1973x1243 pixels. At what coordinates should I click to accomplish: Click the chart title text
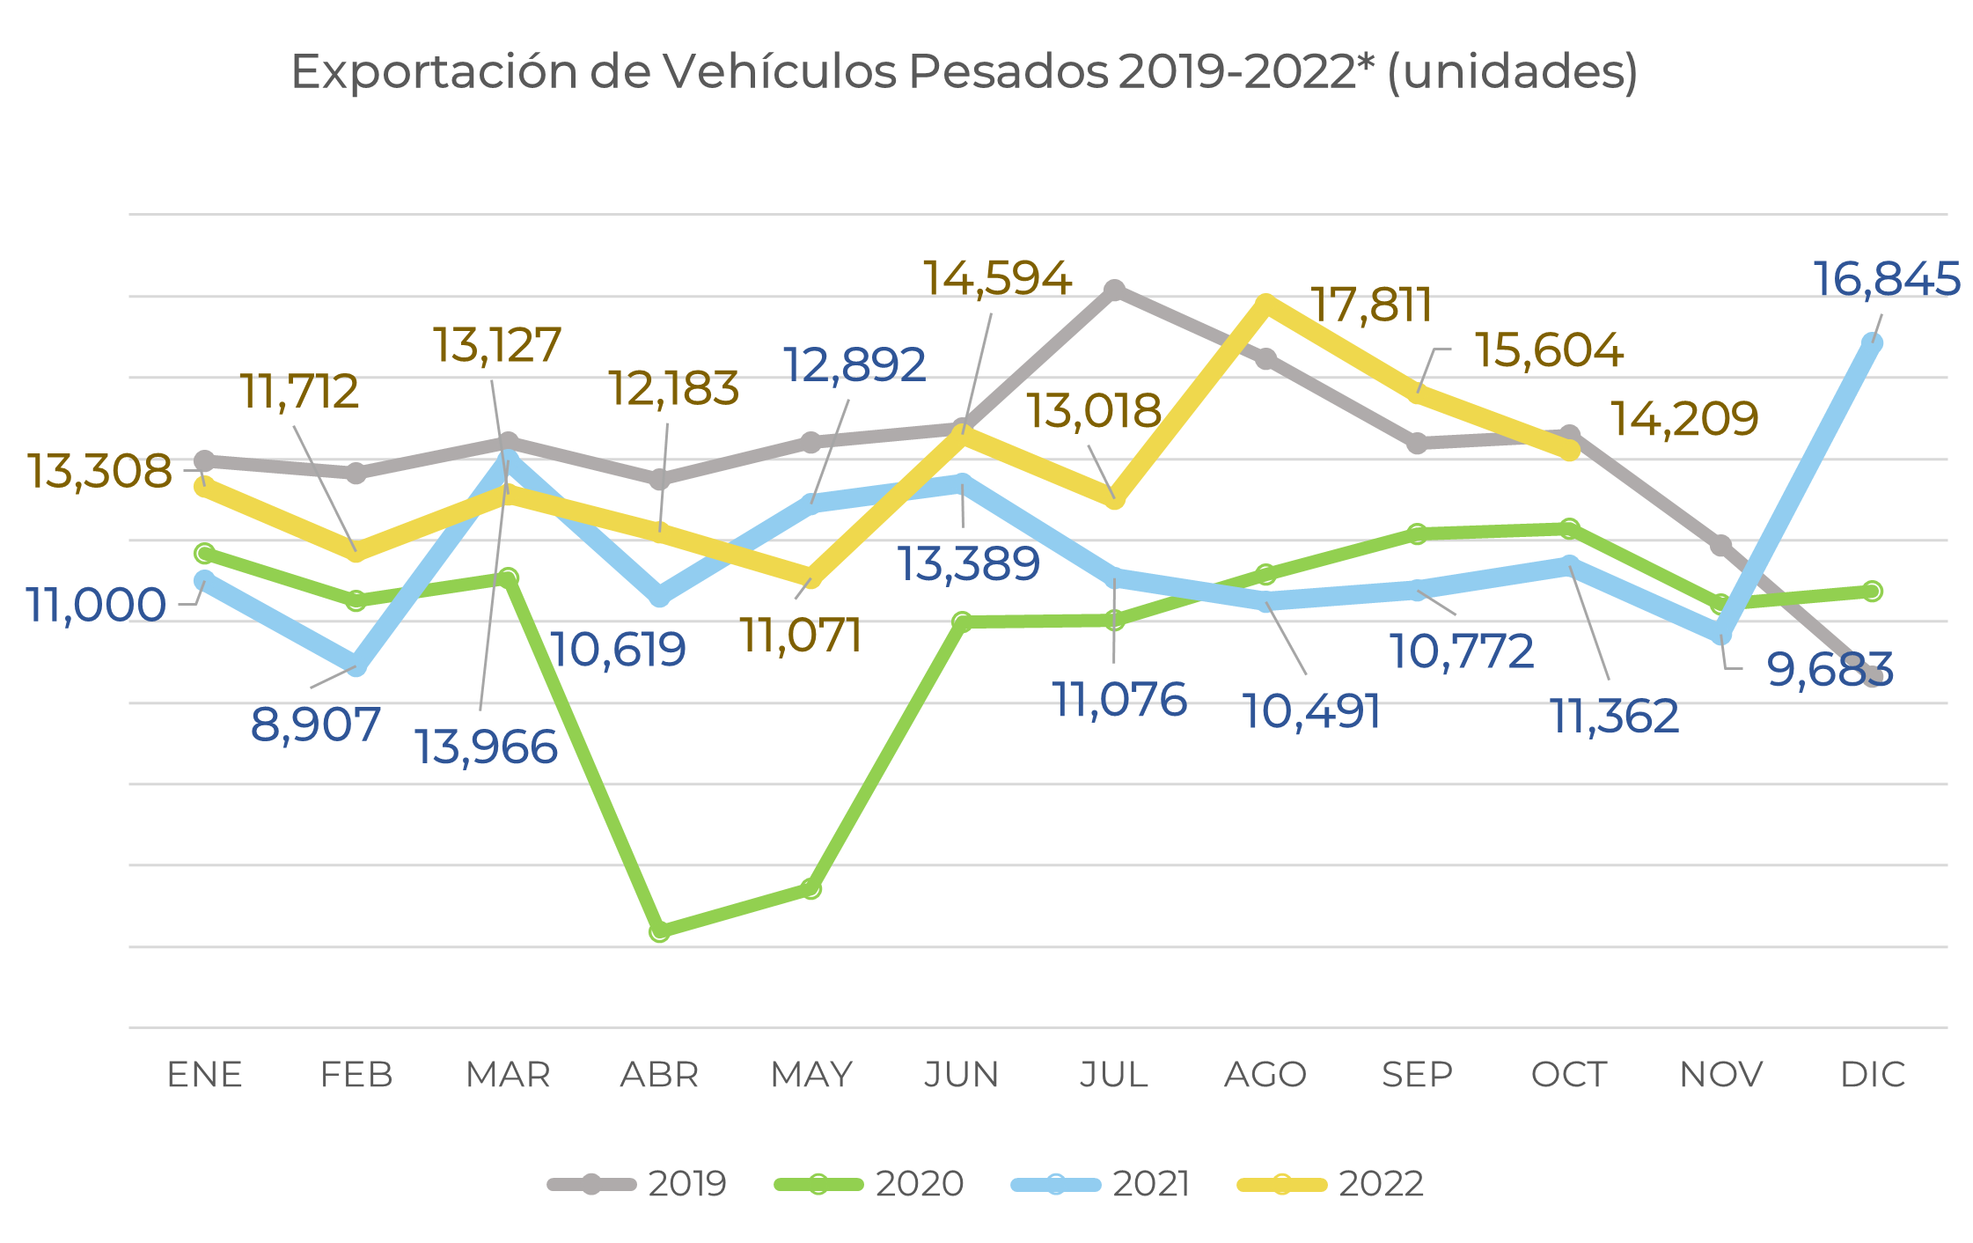pos(964,72)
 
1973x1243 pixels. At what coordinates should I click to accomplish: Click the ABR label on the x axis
pos(659,1075)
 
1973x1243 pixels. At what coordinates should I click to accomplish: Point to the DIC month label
pos(1873,1075)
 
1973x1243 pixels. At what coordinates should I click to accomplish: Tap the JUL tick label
pos(1114,1075)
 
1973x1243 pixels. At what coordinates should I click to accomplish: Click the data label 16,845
pos(1887,280)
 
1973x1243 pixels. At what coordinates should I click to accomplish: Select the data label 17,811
pos(1371,305)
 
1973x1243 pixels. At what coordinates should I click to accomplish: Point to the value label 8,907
pos(315,724)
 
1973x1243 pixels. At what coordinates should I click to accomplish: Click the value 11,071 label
pos(801,636)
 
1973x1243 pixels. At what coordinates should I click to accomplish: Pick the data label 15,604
pos(1549,350)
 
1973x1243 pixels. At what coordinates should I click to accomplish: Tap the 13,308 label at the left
pos(99,471)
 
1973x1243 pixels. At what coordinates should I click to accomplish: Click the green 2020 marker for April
pos(660,930)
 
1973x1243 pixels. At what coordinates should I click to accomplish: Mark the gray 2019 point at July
pos(1114,290)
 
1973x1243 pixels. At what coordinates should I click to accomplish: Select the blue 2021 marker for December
pos(1873,343)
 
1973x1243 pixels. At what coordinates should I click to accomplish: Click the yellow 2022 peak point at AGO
pos(1265,304)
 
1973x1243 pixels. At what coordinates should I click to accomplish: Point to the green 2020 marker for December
pos(1873,591)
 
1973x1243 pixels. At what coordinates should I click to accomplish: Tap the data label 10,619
pos(618,651)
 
